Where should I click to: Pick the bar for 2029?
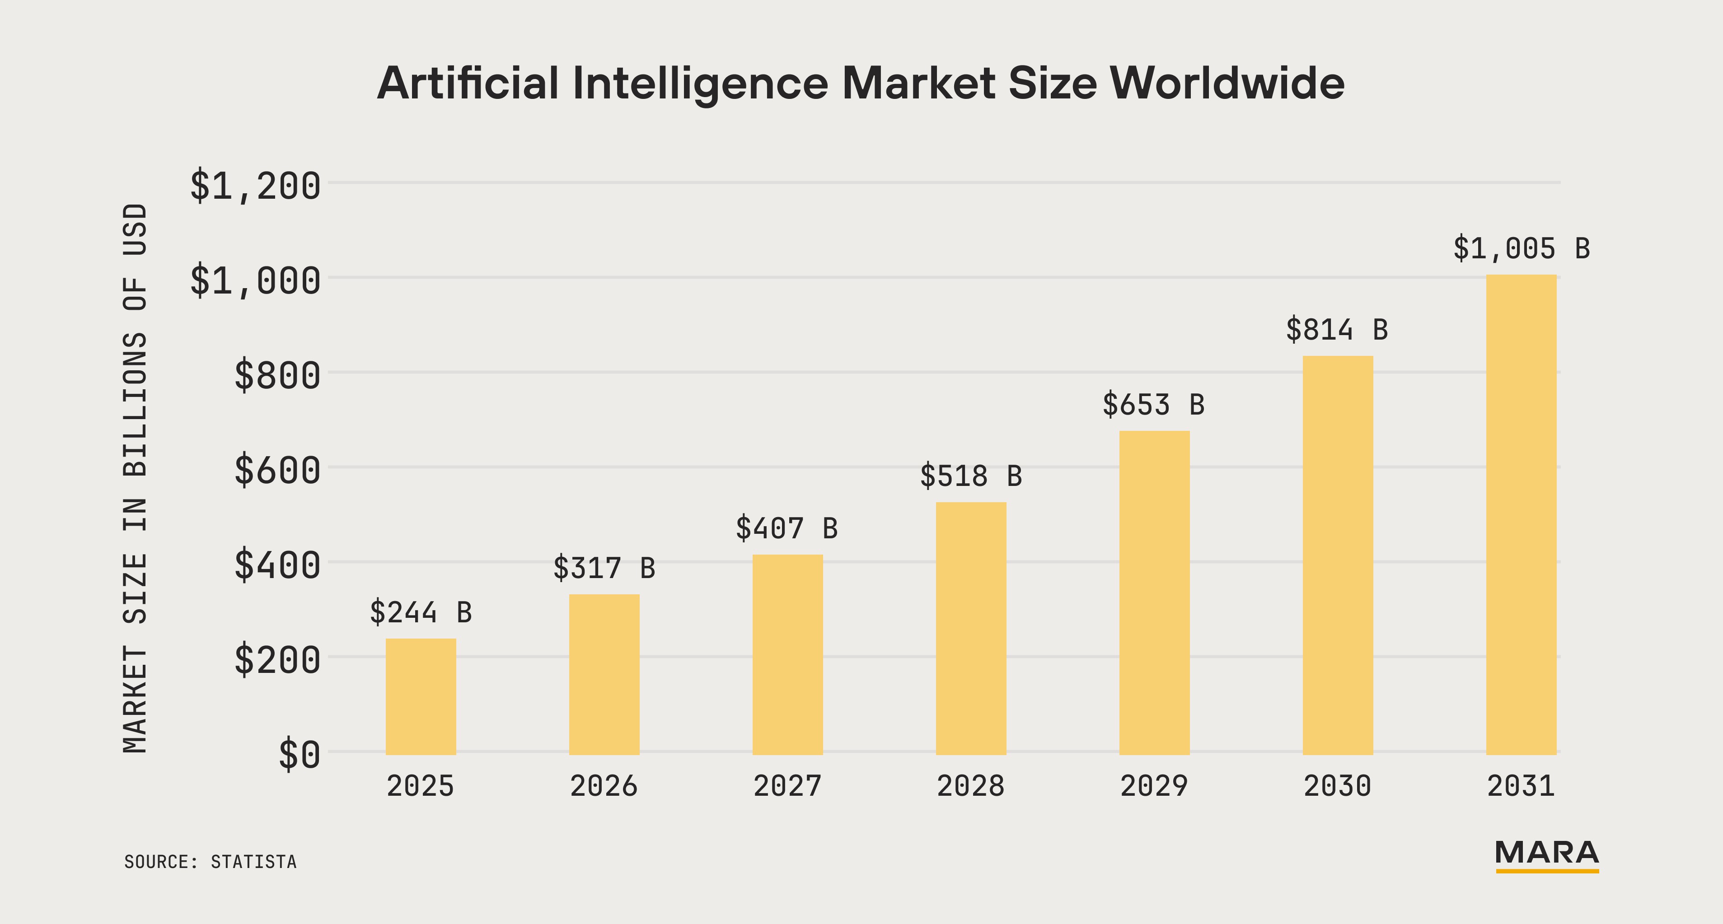(x=1154, y=593)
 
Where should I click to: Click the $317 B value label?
(x=604, y=568)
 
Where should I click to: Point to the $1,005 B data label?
(x=1521, y=249)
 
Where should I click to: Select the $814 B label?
(x=1336, y=330)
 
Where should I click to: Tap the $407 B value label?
(x=787, y=528)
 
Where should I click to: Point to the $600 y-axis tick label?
(x=277, y=470)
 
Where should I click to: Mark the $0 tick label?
(x=299, y=755)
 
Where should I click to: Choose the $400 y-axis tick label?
(x=277, y=565)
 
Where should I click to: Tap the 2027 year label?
(x=787, y=786)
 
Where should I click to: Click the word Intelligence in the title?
(x=700, y=84)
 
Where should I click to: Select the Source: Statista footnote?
(x=210, y=862)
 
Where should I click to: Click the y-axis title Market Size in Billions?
(x=135, y=478)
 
